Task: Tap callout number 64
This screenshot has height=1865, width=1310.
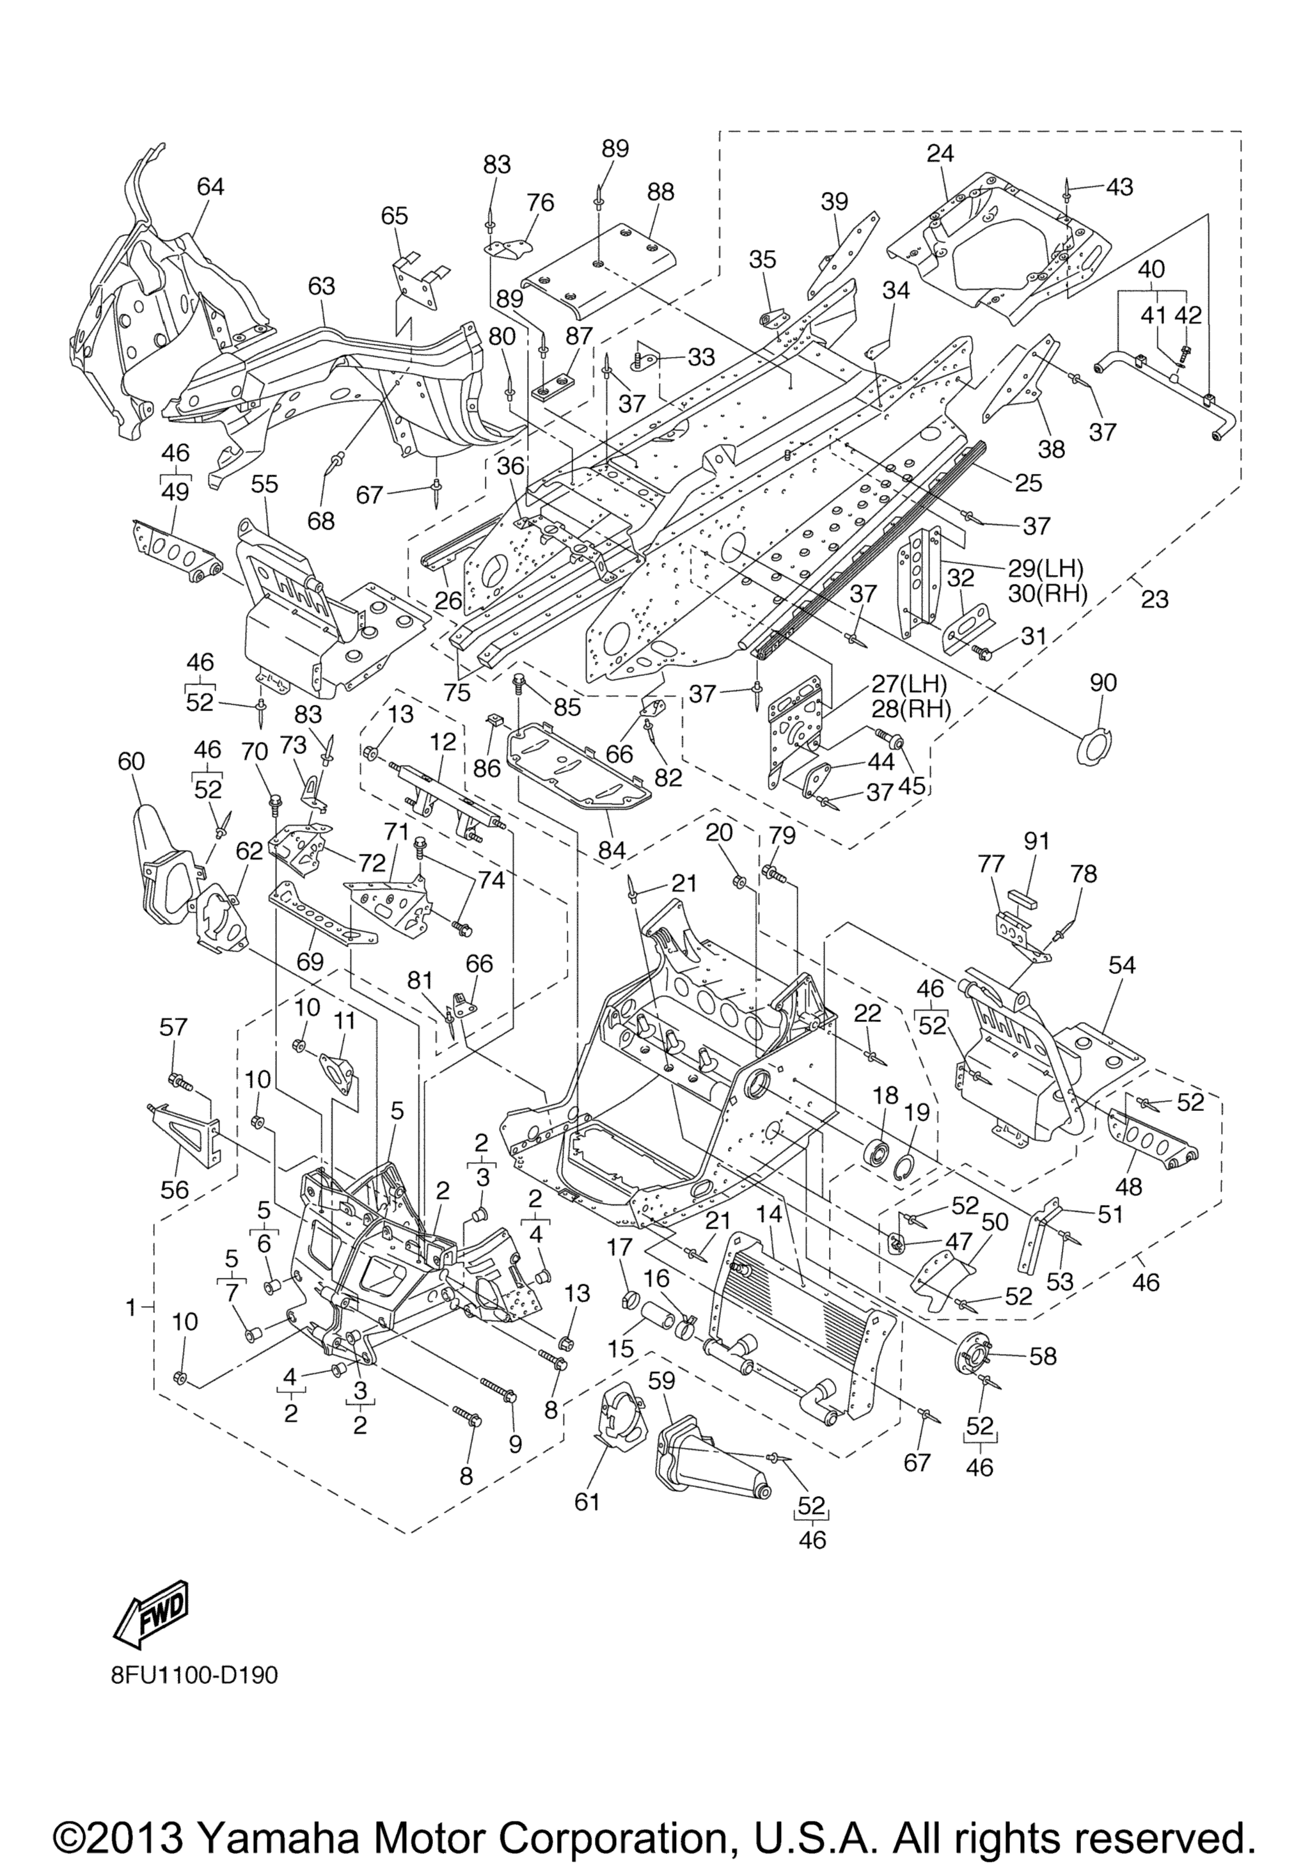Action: [x=210, y=186]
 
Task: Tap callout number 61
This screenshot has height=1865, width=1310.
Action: [x=587, y=1502]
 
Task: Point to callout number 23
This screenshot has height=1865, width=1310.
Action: [x=1154, y=599]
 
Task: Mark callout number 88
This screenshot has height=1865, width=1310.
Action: [x=661, y=192]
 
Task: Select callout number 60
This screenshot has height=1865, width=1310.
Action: [x=132, y=760]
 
